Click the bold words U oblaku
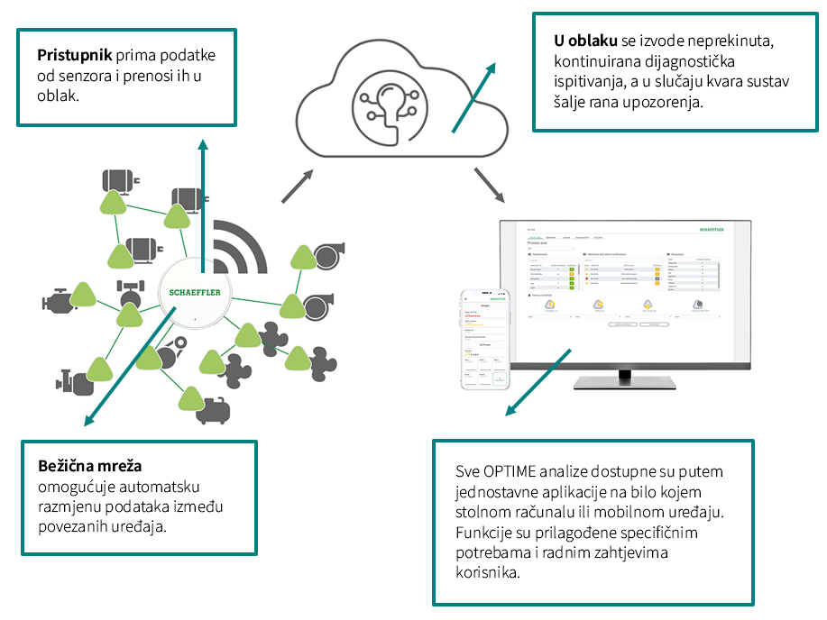tap(583, 41)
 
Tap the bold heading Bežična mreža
tap(90, 467)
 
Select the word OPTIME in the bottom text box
tap(510, 471)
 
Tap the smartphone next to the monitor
tap(484, 339)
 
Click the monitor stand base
tap(626, 382)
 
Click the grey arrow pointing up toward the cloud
tap(297, 186)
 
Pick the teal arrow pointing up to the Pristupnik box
tap(203, 198)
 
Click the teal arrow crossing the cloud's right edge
tap(473, 99)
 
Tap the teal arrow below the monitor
tap(539, 383)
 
